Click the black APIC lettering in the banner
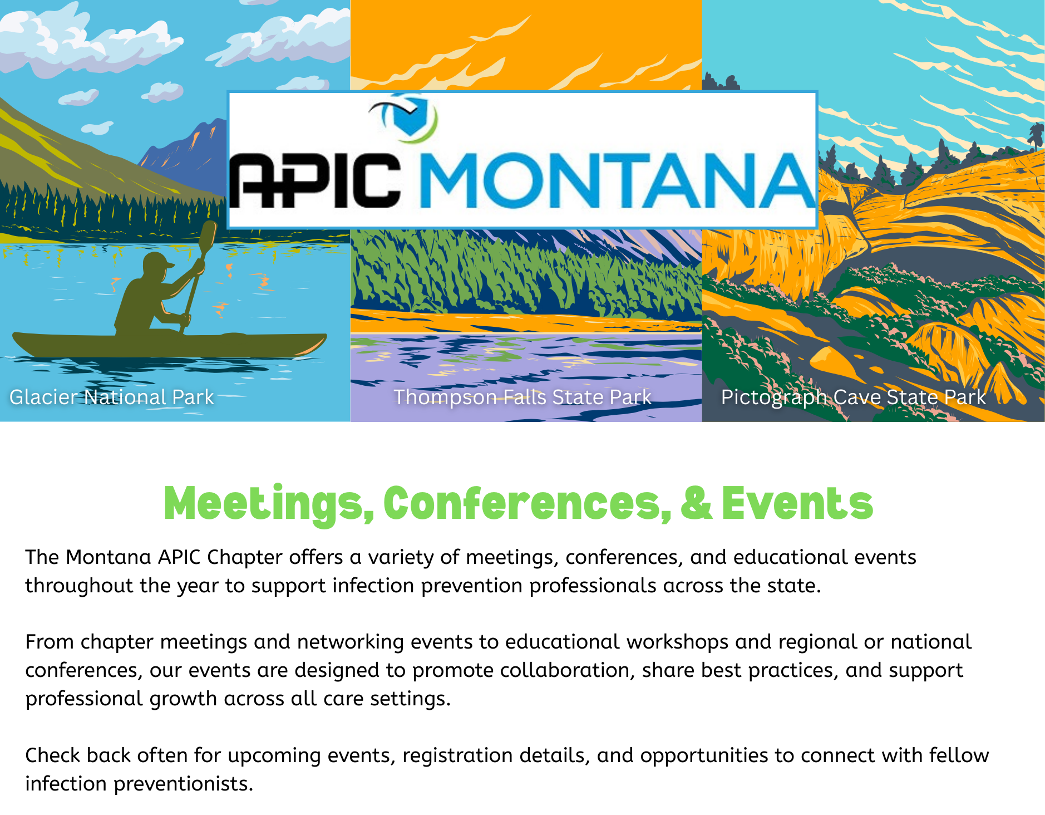pos(315,180)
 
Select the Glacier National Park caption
pos(112,397)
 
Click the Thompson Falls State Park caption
pos(522,397)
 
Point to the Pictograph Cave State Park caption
pos(854,397)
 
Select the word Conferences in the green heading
pos(527,503)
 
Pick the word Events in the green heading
pos(797,503)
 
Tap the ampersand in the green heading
pos(696,503)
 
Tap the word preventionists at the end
pos(184,784)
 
